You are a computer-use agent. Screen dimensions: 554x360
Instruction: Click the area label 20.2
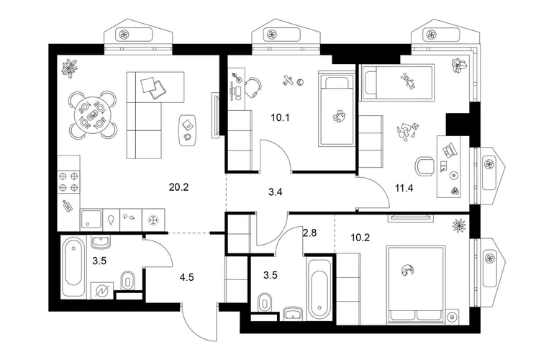click(x=178, y=187)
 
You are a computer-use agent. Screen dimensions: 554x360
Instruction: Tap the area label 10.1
click(x=280, y=117)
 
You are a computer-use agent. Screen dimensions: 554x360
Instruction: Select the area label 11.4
click(x=404, y=188)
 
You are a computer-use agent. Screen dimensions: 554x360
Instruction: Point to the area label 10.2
click(x=360, y=238)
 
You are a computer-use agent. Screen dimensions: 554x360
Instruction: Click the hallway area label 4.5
click(x=186, y=277)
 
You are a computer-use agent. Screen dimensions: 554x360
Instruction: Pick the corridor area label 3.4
click(x=276, y=192)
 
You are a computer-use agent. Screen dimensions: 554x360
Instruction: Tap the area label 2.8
click(x=309, y=233)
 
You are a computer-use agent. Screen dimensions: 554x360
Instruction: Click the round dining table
click(x=92, y=114)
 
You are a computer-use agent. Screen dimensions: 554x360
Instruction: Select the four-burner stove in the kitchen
click(x=69, y=181)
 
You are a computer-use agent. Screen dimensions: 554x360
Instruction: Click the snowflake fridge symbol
click(x=153, y=220)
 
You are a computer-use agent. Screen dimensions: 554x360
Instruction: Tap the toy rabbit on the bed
click(x=408, y=81)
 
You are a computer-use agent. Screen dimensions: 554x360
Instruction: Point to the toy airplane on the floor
click(x=288, y=81)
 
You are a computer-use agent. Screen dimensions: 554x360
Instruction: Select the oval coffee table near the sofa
click(x=188, y=130)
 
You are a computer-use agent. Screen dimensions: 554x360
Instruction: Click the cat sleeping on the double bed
click(x=407, y=270)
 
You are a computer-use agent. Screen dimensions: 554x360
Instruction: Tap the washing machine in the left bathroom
click(x=102, y=291)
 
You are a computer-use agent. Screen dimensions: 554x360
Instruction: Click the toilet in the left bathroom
click(x=127, y=281)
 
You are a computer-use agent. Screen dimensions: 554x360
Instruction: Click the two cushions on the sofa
click(x=153, y=88)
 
